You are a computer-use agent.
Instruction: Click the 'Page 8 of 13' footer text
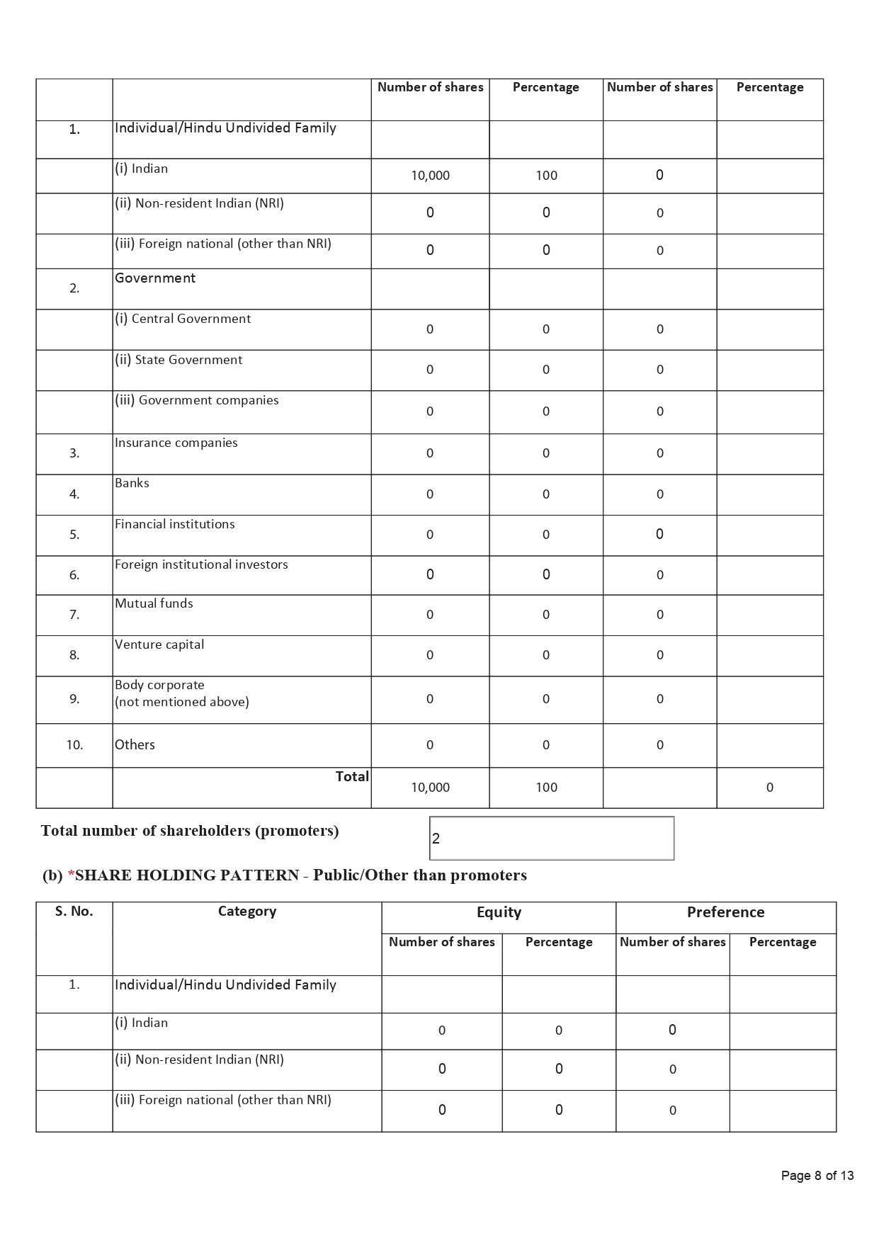[817, 1176]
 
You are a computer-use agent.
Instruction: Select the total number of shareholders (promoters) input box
[551, 839]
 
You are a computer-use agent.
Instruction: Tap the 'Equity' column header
[499, 912]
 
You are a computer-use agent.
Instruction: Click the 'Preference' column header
[725, 912]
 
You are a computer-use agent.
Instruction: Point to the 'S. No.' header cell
[74, 912]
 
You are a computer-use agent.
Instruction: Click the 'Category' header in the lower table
[246, 912]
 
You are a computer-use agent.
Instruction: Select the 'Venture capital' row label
[159, 645]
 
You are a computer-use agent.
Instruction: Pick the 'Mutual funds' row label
[154, 603]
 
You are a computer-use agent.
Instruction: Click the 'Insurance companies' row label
[176, 443]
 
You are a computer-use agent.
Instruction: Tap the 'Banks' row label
[132, 483]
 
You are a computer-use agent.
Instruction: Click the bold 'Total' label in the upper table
[352, 776]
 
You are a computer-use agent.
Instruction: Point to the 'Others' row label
[135, 744]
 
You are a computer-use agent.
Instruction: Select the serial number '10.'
[74, 744]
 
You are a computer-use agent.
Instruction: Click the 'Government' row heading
[155, 278]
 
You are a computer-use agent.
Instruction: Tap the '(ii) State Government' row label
[178, 360]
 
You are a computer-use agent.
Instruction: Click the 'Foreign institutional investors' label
[201, 564]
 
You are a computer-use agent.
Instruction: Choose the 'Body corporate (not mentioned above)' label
[182, 693]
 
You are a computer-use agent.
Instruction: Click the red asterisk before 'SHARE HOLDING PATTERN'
[71, 875]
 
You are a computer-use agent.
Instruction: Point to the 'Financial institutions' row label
[175, 524]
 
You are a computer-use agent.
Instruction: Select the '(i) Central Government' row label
[183, 319]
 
